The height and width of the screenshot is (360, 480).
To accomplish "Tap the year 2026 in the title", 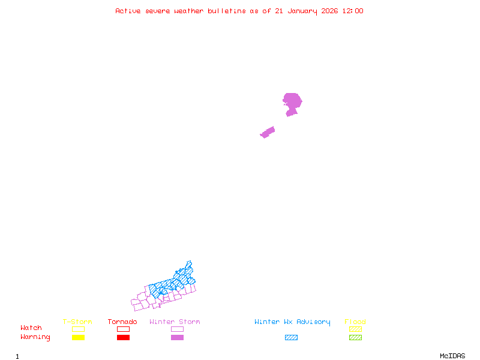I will coord(329,11).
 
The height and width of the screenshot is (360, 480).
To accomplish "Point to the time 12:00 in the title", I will coord(353,11).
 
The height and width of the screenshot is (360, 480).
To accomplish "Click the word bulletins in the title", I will coord(227,11).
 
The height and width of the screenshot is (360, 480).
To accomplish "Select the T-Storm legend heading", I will coord(77,322).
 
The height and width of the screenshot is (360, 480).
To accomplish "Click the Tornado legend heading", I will coord(122,322).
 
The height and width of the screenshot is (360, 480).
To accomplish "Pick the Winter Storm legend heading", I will coord(175,322).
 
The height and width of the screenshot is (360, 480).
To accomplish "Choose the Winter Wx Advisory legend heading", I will coord(292,322).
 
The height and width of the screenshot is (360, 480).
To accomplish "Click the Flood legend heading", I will coord(355,322).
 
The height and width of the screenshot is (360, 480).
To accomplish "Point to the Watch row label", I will coord(31,328).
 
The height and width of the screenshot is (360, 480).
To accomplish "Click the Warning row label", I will coord(35,337).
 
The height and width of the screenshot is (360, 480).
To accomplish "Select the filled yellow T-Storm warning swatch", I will coord(78,338).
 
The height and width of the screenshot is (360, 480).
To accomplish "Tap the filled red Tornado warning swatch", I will coord(123,338).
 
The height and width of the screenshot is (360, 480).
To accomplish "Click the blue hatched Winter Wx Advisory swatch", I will coord(291,338).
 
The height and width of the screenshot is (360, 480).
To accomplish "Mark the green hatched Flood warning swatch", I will coord(355,338).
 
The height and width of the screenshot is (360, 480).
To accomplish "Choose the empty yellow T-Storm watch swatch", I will coord(78,329).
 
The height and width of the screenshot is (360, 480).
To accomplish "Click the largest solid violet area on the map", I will coord(292,101).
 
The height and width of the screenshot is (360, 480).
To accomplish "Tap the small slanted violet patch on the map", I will coord(268,132).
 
